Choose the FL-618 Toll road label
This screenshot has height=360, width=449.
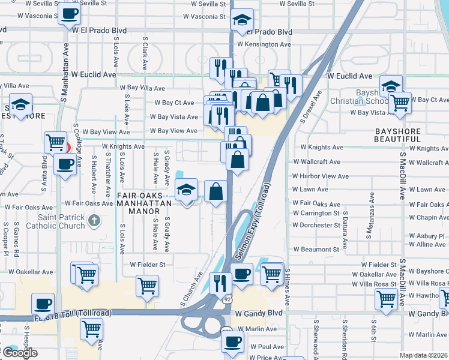point(72,313)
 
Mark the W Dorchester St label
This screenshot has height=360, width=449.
point(316,225)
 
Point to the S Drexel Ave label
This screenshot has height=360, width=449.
point(311,107)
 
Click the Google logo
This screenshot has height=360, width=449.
point(19,353)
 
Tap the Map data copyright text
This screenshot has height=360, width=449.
point(424,355)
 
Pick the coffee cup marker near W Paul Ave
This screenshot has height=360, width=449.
point(232,341)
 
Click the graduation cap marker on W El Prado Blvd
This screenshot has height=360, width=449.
point(242,20)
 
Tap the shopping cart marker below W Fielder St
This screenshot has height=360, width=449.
point(146,286)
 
